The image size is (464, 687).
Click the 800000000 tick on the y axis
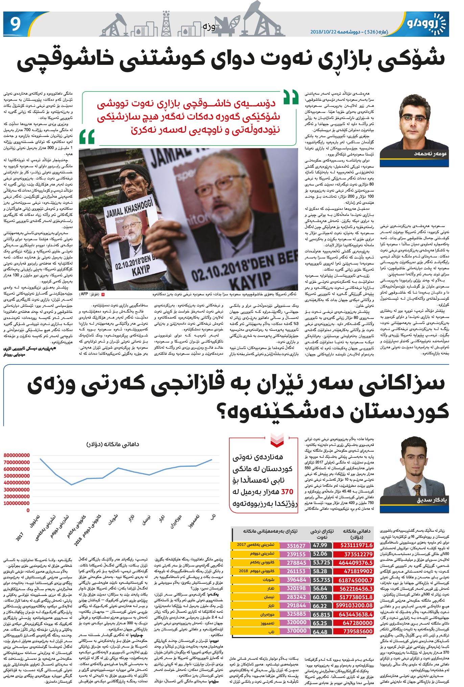(17, 455)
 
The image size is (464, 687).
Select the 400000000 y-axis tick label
(17, 483)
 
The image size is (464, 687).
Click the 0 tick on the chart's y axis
(28, 510)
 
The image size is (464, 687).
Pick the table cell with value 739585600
(353, 631)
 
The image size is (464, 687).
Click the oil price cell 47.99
(320, 545)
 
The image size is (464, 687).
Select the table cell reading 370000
(296, 631)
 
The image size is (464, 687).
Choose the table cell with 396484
(296, 580)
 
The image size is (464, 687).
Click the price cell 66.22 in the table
(320, 606)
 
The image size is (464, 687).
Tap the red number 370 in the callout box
(287, 492)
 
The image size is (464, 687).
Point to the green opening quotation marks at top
(291, 97)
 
